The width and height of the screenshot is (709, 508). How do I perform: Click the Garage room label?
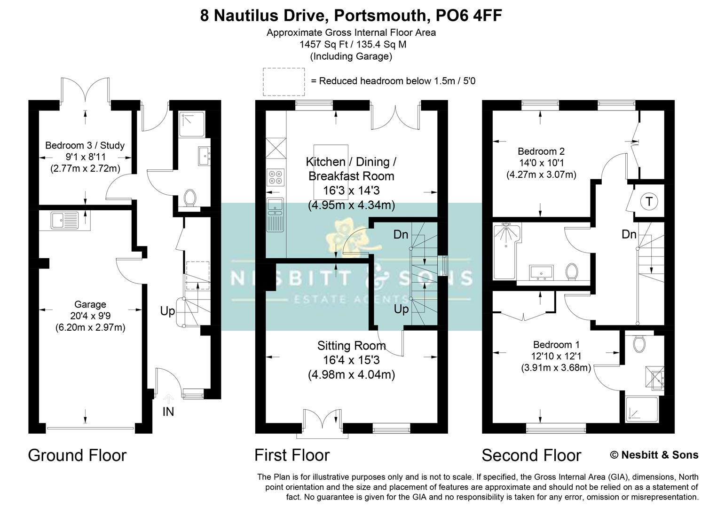point(90,305)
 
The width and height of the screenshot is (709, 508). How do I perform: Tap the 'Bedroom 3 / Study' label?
point(85,145)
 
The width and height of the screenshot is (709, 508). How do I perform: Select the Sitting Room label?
point(351,346)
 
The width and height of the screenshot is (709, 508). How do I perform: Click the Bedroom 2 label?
point(541,151)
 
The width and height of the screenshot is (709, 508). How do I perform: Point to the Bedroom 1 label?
point(556,344)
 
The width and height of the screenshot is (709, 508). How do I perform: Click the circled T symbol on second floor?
point(649,202)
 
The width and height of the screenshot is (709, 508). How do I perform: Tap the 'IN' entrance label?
point(168,412)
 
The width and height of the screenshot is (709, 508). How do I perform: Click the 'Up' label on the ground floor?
point(167,311)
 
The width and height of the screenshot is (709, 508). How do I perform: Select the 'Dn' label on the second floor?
point(629,234)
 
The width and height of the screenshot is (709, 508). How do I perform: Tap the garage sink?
point(64,220)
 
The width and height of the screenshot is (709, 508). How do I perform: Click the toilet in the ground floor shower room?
point(190,198)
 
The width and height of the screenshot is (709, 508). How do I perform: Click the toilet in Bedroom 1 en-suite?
point(638,344)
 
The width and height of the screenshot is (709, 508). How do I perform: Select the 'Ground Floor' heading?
point(77,455)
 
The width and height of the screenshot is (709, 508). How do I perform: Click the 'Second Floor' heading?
point(531,455)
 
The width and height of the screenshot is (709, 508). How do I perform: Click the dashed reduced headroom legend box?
point(284,81)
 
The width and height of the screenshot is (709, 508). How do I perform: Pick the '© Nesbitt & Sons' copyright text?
point(654,455)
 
